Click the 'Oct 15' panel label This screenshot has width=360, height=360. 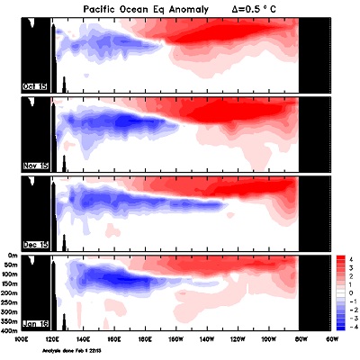(34, 86)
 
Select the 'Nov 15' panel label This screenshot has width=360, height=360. (34, 167)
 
